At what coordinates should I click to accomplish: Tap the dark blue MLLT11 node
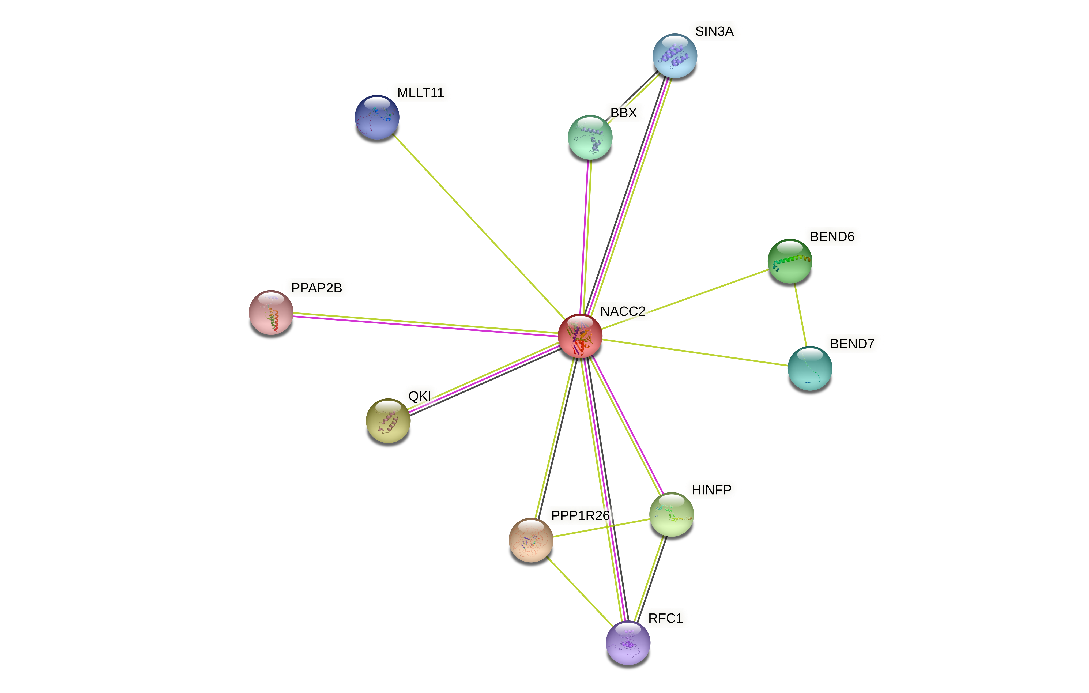[377, 117]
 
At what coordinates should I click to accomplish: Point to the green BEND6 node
[790, 261]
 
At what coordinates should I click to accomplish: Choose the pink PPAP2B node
[271, 312]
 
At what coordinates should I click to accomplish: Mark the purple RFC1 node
[628, 643]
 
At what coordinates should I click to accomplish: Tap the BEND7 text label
[852, 344]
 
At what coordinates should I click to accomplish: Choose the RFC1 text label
[665, 618]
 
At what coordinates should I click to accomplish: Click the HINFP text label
[711, 490]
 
